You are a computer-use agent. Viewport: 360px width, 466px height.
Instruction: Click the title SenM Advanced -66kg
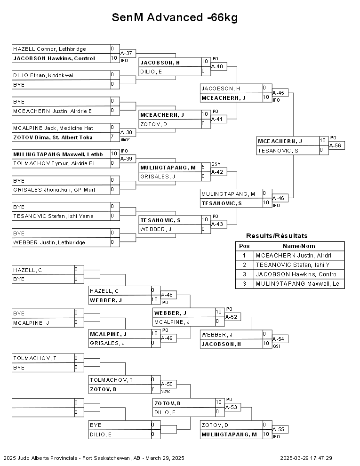pos(175,17)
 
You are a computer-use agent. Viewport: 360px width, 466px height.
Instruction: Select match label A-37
pos(126,53)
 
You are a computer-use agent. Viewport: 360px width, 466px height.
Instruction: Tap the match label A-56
pos(336,145)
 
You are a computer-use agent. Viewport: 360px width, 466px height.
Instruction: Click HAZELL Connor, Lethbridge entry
pos(49,49)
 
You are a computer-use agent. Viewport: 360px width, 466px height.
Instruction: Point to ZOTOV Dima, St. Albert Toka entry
pos(53,137)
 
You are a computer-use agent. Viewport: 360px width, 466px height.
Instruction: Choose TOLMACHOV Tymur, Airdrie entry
pos(54,163)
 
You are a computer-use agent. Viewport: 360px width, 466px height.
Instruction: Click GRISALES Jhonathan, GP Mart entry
pos(54,190)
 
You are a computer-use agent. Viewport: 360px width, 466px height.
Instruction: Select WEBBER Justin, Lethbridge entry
pos(49,242)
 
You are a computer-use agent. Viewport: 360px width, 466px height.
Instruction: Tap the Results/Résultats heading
pos(277,236)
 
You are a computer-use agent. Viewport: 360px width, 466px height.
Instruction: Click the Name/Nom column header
pos(299,246)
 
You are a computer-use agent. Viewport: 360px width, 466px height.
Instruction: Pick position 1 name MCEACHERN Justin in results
pos(294,256)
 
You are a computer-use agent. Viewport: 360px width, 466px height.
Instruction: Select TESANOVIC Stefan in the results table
pos(293,265)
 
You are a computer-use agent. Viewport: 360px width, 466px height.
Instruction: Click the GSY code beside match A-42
pos(216,164)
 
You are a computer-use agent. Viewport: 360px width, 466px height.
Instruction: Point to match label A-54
pos(278,339)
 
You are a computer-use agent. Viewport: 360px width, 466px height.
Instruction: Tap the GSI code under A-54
pos(276,346)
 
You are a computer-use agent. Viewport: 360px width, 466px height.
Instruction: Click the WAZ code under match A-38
pos(125,140)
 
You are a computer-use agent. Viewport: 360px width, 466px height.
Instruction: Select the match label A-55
pos(278,429)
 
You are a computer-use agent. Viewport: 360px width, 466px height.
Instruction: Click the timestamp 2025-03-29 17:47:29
pos(306,458)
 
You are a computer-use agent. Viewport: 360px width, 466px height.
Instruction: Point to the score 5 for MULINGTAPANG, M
pos(203,167)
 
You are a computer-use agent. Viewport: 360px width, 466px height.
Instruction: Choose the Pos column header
pos(244,246)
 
